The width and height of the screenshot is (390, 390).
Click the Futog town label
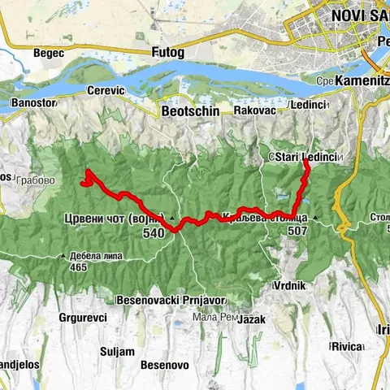point(168,53)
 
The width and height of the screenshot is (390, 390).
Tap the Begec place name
point(48,53)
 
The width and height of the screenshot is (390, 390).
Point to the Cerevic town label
point(104,91)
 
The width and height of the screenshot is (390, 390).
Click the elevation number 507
point(297,230)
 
